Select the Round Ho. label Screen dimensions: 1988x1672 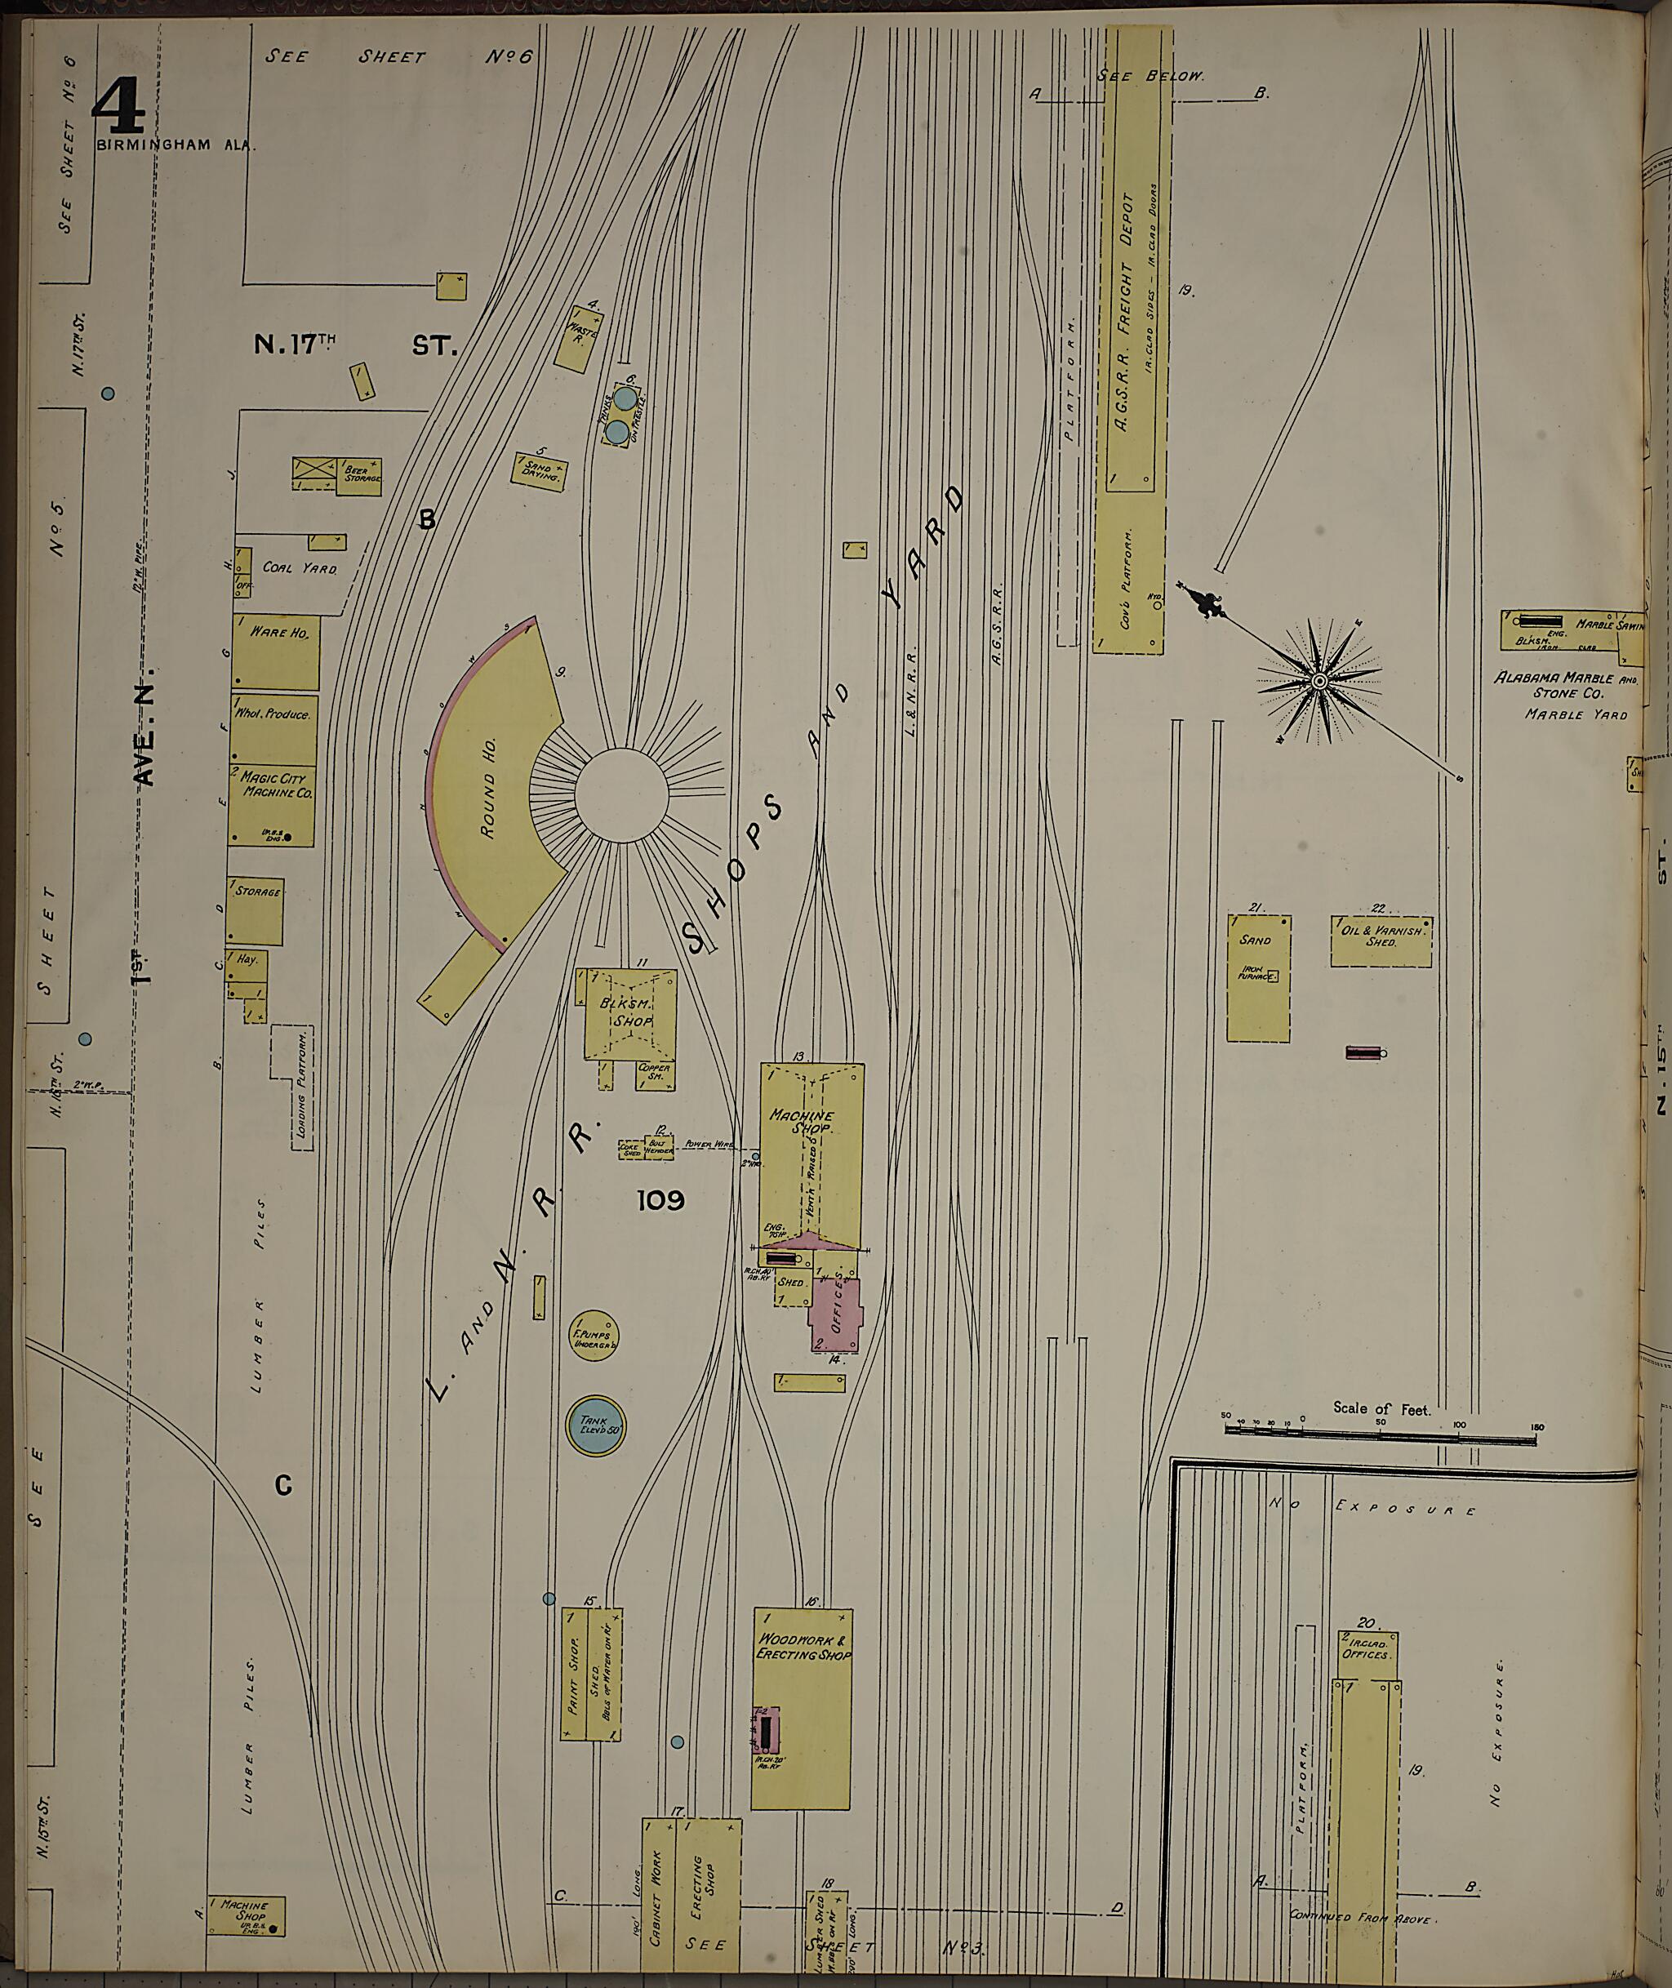[x=488, y=806]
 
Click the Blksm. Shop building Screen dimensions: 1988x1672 [x=630, y=1012]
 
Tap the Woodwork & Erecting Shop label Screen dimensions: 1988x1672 [x=803, y=1647]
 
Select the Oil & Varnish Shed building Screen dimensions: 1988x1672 [x=1380, y=941]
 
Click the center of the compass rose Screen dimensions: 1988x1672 [x=1318, y=681]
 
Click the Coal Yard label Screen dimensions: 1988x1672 [x=300, y=569]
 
